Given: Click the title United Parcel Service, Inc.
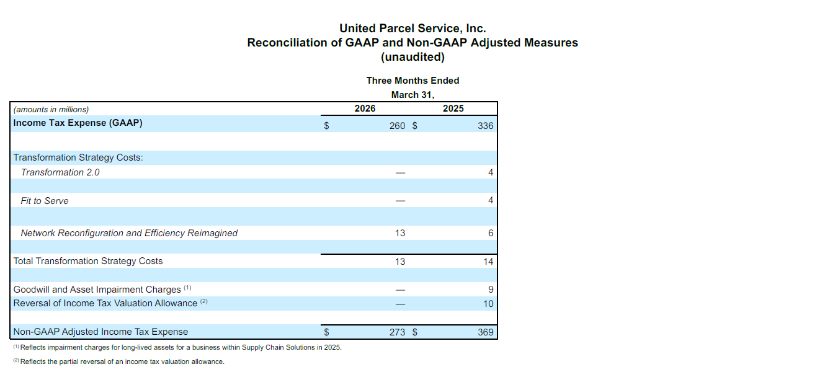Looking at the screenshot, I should (x=412, y=29).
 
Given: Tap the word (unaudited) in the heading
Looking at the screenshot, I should (x=412, y=57).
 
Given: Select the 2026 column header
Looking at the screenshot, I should (x=365, y=108).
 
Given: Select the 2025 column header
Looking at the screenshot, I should (x=453, y=108).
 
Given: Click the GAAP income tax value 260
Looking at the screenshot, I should (x=397, y=126).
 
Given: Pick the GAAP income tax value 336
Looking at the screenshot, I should (x=486, y=126).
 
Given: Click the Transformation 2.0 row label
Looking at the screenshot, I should (x=60, y=172).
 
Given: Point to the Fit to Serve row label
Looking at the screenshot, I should (x=45, y=201).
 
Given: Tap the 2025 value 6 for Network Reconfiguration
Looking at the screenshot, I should (x=491, y=233).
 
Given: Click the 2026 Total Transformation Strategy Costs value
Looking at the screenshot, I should (x=400, y=262).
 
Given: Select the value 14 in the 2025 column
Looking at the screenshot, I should (x=488, y=262).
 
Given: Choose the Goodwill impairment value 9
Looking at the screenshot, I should (x=491, y=290).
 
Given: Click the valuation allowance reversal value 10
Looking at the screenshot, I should (x=488, y=304).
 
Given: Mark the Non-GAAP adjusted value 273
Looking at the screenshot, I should (x=397, y=332).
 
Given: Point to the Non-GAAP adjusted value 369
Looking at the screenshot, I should (x=486, y=332).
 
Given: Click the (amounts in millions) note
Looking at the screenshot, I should (x=51, y=109).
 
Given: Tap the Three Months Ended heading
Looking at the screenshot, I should (x=412, y=81).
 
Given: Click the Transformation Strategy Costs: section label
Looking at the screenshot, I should (x=78, y=157).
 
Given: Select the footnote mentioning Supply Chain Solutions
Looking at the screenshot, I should (x=180, y=347).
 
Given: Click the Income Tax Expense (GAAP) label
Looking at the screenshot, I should (x=78, y=123).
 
